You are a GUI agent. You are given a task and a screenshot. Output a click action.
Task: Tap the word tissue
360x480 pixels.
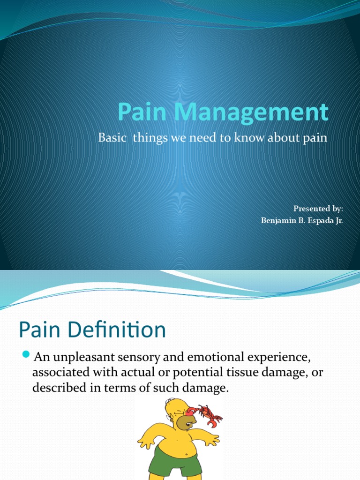[237, 373]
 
